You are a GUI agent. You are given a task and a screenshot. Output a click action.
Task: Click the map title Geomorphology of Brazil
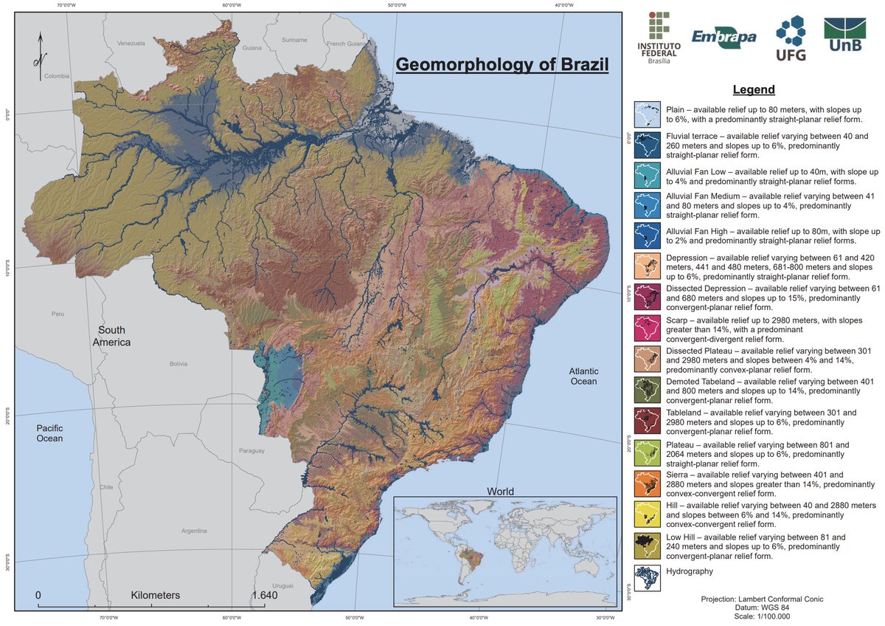coord(502,64)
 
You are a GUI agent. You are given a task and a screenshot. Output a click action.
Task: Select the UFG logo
coord(791,39)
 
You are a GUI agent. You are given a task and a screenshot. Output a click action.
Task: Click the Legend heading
coord(753,90)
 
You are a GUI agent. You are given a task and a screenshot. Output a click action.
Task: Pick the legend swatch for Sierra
coord(648,484)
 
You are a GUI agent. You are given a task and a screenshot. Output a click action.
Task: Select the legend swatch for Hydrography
coord(648,577)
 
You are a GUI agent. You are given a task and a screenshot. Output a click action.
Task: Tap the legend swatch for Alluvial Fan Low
coord(648,176)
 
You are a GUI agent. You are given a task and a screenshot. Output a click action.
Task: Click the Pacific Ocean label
coord(50,433)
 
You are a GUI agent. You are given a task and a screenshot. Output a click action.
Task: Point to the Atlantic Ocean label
coord(583,376)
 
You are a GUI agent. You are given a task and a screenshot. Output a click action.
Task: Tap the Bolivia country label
coord(178,364)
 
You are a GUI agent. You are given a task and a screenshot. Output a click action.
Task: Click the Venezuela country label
coord(131,44)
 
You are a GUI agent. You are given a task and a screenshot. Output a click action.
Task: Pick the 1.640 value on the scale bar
coord(263,595)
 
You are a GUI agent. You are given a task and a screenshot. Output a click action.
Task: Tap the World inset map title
coord(499,491)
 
